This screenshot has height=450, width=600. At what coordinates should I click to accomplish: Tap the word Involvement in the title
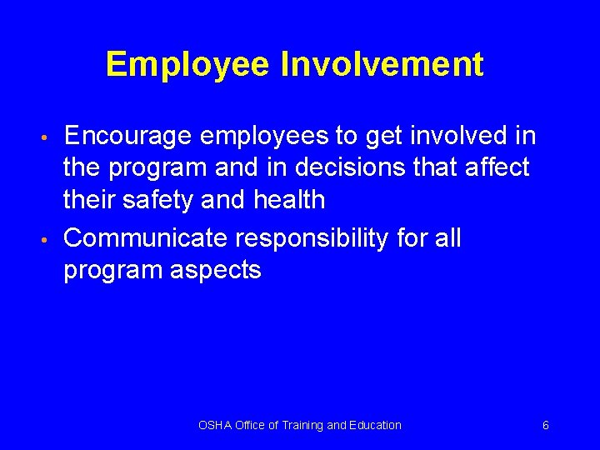tap(382, 64)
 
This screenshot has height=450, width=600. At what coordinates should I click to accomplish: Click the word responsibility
tap(312, 239)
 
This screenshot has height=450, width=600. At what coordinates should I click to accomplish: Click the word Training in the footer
tap(299, 425)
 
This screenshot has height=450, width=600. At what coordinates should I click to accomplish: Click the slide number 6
tap(545, 425)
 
